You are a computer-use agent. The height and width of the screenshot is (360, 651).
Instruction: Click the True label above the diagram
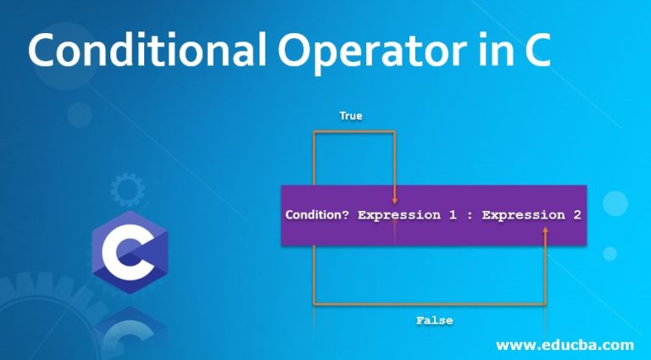tap(351, 115)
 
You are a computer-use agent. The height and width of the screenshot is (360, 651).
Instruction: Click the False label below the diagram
tap(434, 321)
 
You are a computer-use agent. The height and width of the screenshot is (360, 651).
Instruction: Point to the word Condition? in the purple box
tap(317, 215)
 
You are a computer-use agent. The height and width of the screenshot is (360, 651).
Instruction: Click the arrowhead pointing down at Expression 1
tap(394, 199)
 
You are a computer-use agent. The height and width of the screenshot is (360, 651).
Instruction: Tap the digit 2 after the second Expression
tap(576, 215)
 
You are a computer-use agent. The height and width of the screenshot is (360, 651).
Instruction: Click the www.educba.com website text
tap(564, 345)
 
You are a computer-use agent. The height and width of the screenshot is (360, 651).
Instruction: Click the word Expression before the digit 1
tap(399, 215)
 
